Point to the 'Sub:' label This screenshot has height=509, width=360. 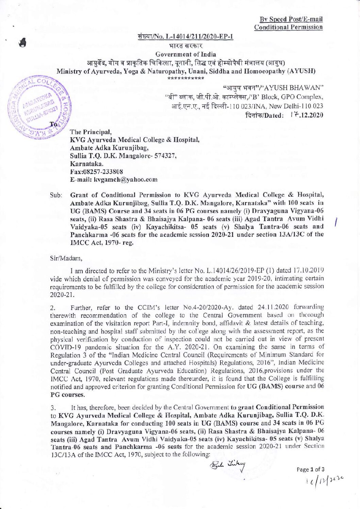pos(55,196)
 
